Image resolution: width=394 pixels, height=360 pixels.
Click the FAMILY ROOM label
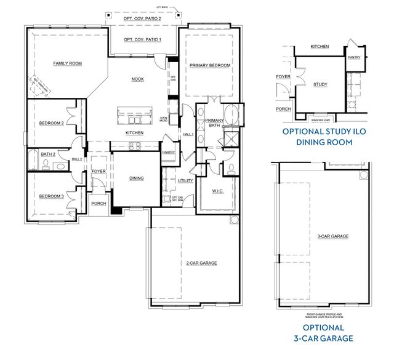68,63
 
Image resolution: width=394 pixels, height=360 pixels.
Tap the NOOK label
137,79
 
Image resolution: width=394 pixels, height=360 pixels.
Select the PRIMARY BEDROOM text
210,65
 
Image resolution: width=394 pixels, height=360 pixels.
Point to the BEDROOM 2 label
52,123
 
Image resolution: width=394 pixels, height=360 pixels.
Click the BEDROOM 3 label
52,196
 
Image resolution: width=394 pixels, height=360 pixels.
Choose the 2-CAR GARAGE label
201,263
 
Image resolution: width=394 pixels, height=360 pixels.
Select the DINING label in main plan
136,178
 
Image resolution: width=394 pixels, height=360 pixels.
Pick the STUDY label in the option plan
320,84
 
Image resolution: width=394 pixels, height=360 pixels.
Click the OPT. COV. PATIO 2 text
143,18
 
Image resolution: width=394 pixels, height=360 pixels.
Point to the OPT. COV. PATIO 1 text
142,40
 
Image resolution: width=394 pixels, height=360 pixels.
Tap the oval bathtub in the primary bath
232,115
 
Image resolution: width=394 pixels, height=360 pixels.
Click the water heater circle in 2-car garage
234,220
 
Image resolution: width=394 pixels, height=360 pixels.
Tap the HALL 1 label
188,134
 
